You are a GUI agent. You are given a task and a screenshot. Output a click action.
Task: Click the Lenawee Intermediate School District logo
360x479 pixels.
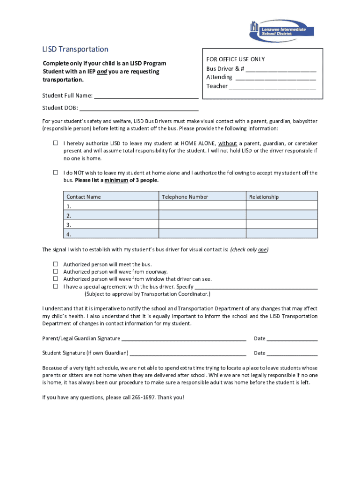(277, 29)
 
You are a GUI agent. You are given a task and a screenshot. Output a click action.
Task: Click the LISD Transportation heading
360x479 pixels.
(75, 49)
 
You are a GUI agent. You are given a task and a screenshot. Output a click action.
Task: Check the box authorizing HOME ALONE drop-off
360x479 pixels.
(55, 143)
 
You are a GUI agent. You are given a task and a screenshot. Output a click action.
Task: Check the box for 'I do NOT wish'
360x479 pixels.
(55, 173)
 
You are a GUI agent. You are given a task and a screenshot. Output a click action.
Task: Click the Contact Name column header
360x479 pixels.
(84, 197)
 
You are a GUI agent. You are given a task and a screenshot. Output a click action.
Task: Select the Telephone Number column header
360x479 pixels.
(185, 197)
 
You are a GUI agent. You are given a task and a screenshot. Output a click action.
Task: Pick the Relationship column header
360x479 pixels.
(264, 197)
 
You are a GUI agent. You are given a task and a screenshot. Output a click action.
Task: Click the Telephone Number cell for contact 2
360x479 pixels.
(202, 215)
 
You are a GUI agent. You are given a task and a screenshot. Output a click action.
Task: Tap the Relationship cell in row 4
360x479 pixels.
(281, 234)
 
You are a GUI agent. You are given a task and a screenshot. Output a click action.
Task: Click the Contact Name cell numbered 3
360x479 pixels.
(111, 225)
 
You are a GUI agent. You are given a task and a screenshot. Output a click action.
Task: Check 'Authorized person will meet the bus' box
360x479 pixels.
(55, 264)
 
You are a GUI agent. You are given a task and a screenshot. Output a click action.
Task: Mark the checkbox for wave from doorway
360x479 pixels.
(55, 271)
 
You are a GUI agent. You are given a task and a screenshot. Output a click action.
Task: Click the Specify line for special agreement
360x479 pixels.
(256, 287)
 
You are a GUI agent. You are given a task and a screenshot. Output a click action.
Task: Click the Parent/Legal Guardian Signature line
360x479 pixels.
(183, 338)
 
